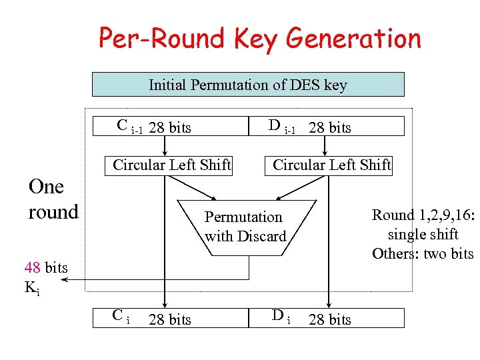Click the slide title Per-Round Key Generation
pyautogui.click(x=260, y=39)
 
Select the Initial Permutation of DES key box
pyautogui.click(x=247, y=85)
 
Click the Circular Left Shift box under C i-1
pyautogui.click(x=171, y=165)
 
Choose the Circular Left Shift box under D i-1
pyautogui.click(x=331, y=165)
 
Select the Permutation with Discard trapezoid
pyautogui.click(x=245, y=227)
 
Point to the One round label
pyautogui.click(x=53, y=199)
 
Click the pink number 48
pyautogui.click(x=33, y=268)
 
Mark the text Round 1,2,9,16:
pyautogui.click(x=423, y=215)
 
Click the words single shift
pyautogui.click(x=423, y=234)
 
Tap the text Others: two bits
pyautogui.click(x=423, y=253)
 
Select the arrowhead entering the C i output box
pyautogui.click(x=165, y=304)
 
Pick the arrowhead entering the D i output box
pyautogui.click(x=327, y=304)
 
